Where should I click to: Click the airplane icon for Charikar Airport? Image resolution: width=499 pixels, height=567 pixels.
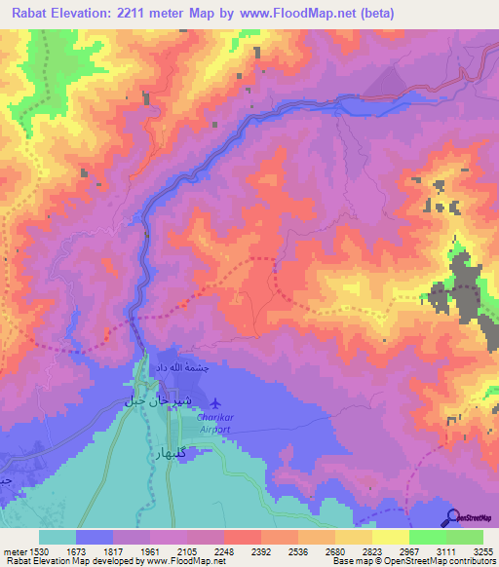tap(214, 402)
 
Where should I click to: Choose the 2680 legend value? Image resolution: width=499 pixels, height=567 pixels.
tap(335, 550)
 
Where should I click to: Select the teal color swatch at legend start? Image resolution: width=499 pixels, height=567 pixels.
tap(58, 537)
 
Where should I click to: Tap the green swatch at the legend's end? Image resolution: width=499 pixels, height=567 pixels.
tap(465, 537)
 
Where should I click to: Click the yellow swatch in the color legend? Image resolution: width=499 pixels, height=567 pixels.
tap(391, 537)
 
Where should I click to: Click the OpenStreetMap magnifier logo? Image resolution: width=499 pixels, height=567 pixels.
tap(452, 516)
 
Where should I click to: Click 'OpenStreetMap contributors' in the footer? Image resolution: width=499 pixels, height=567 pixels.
tap(435, 562)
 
